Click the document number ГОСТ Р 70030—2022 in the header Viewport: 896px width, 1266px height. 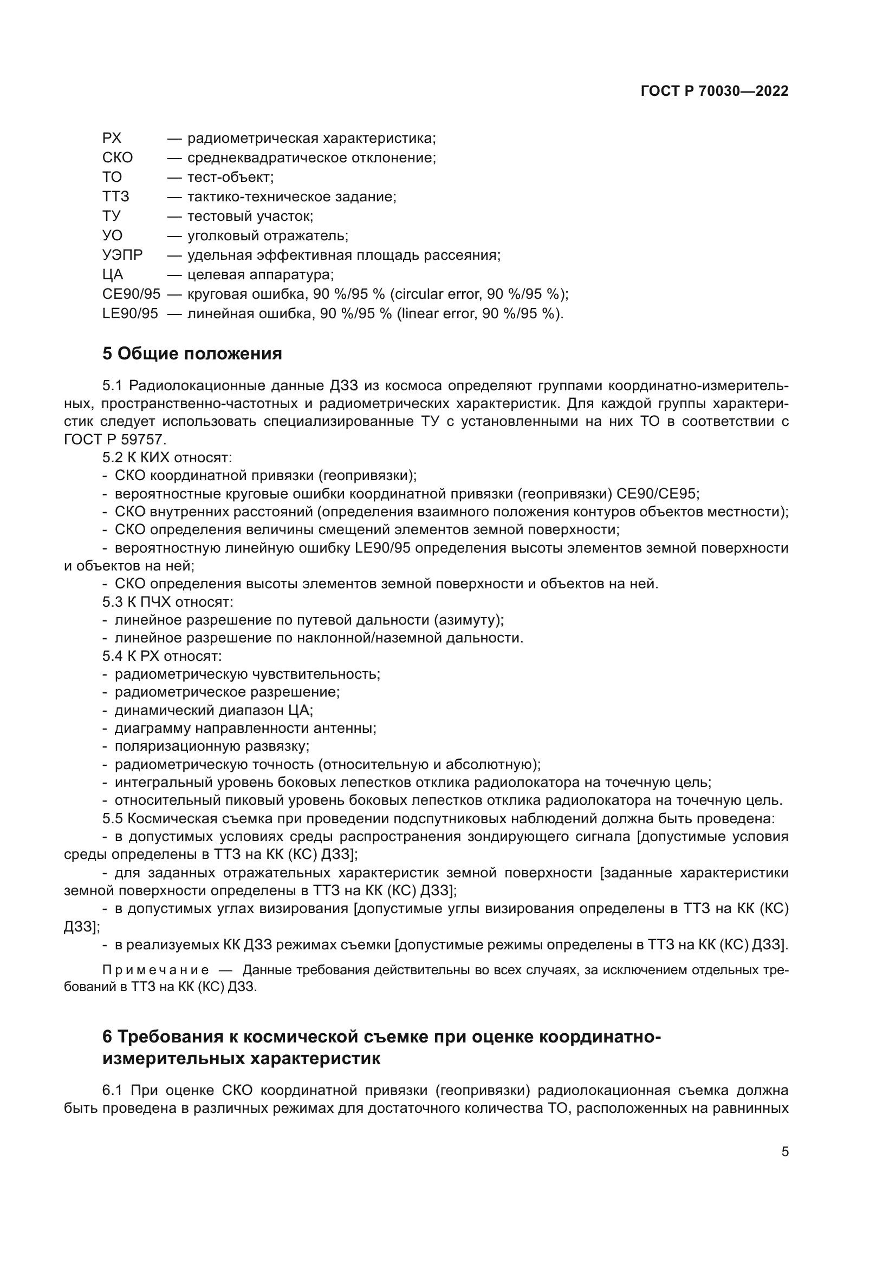click(715, 91)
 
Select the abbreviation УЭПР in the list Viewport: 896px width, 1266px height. click(122, 255)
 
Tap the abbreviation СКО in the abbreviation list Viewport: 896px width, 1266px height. click(117, 158)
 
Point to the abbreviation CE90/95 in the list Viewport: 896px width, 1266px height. click(131, 294)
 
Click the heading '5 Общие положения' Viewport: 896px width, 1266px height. click(192, 354)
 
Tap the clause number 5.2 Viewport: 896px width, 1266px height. click(113, 457)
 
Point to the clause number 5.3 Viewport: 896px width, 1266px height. click(113, 601)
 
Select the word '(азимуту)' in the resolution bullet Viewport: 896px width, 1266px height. click(469, 620)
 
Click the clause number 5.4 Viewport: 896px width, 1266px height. click(113, 656)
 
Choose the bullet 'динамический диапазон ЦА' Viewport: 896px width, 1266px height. click(213, 710)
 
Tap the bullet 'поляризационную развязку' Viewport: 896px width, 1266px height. click(212, 746)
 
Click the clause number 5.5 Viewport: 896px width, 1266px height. click(113, 818)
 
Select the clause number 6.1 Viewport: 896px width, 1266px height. click(113, 1090)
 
